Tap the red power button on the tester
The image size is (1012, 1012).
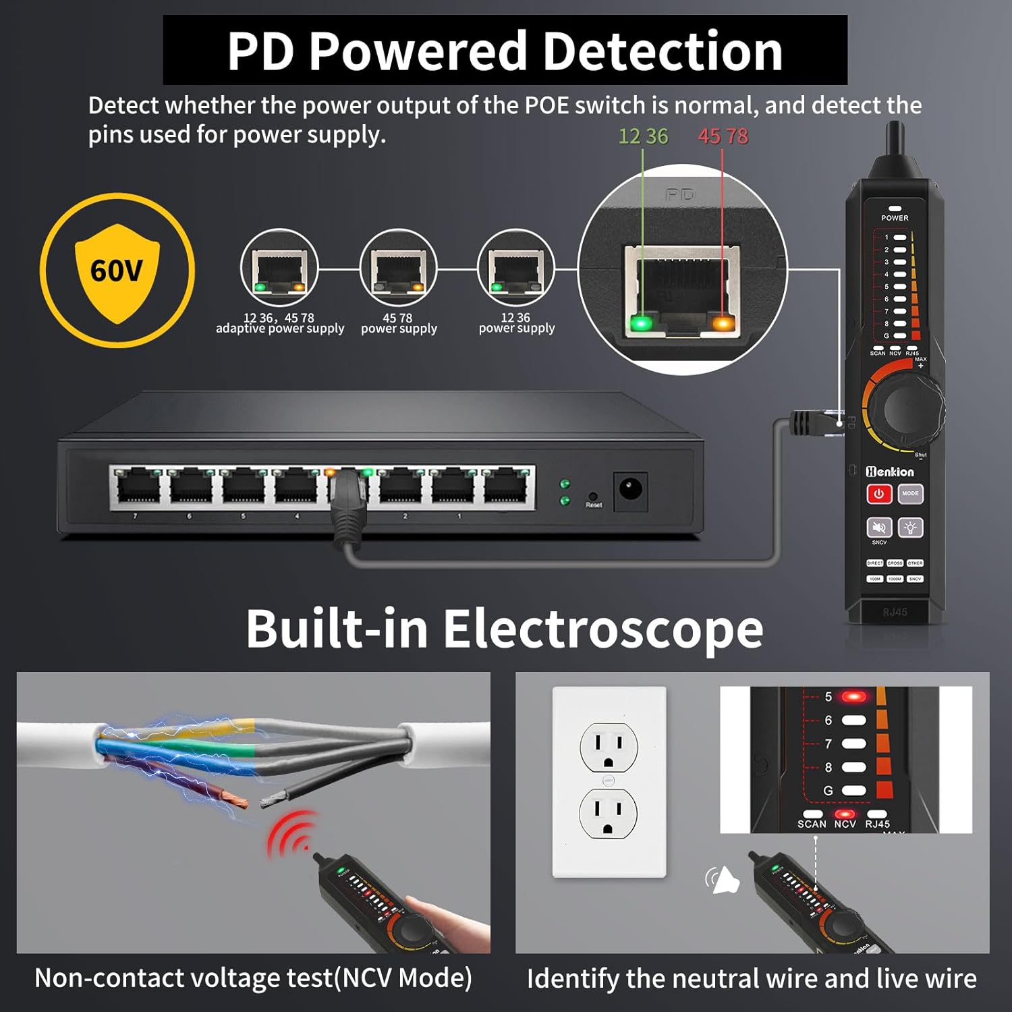(878, 494)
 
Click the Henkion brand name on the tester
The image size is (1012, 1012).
(890, 472)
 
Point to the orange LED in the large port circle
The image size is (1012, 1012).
(723, 324)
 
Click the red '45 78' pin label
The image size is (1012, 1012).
(723, 136)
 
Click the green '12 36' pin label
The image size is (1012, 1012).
(643, 136)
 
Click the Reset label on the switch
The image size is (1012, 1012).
(594, 505)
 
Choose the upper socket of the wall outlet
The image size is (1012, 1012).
(609, 747)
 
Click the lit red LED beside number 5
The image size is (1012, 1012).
(853, 696)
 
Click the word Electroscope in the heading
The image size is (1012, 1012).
(602, 629)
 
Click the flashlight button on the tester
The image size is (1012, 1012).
(911, 528)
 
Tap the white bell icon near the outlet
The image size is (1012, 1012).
(724, 880)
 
